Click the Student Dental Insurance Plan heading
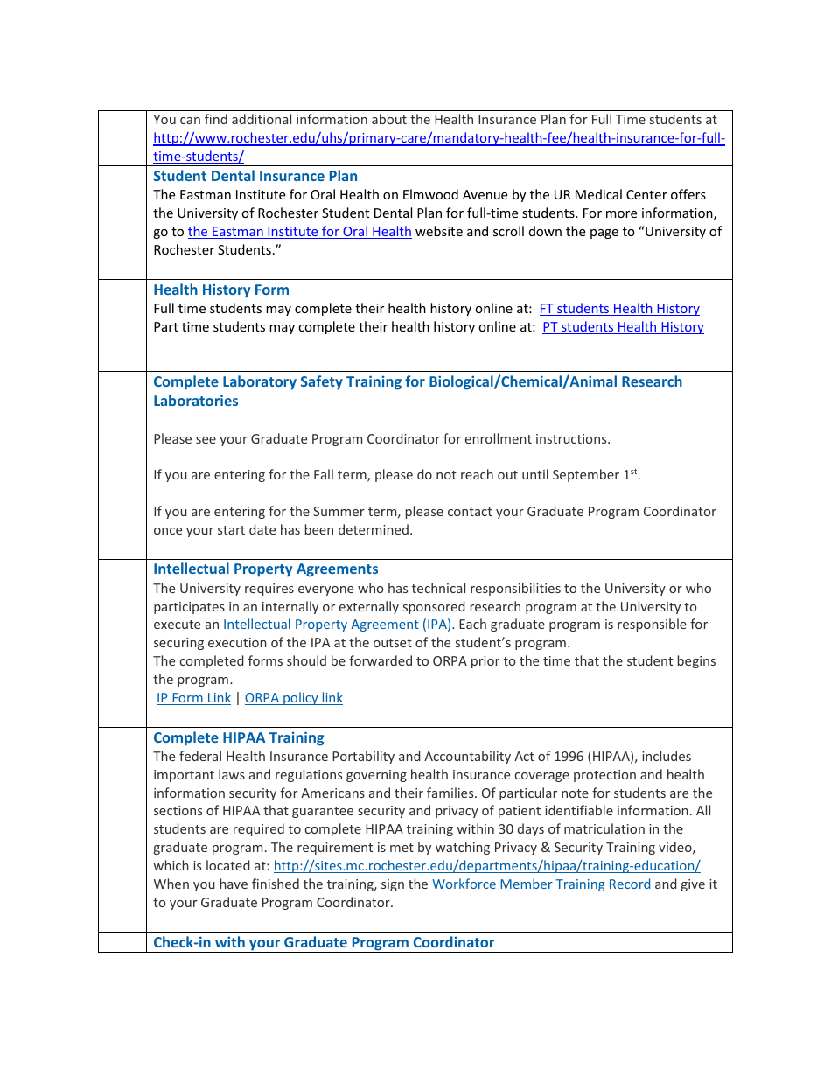pyautogui.click(x=255, y=176)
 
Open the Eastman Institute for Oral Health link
pyautogui.click(x=299, y=232)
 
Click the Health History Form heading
pyautogui.click(x=221, y=290)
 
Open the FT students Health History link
pyautogui.click(x=619, y=309)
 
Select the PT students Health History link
pyautogui.click(x=623, y=327)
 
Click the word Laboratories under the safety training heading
pyautogui.click(x=196, y=401)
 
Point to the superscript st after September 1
pyautogui.click(x=634, y=472)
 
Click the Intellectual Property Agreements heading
pyautogui.click(x=266, y=569)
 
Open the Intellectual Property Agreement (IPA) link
pyautogui.click(x=338, y=625)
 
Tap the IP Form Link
pyautogui.click(x=193, y=698)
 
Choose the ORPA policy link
pyautogui.click(x=294, y=698)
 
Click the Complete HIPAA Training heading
pyautogui.click(x=239, y=737)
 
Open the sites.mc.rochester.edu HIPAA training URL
pyautogui.click(x=486, y=866)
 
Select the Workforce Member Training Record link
pyautogui.click(x=541, y=884)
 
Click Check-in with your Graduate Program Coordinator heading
pyautogui.click(x=324, y=942)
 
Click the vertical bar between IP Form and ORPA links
pyautogui.click(x=238, y=698)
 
